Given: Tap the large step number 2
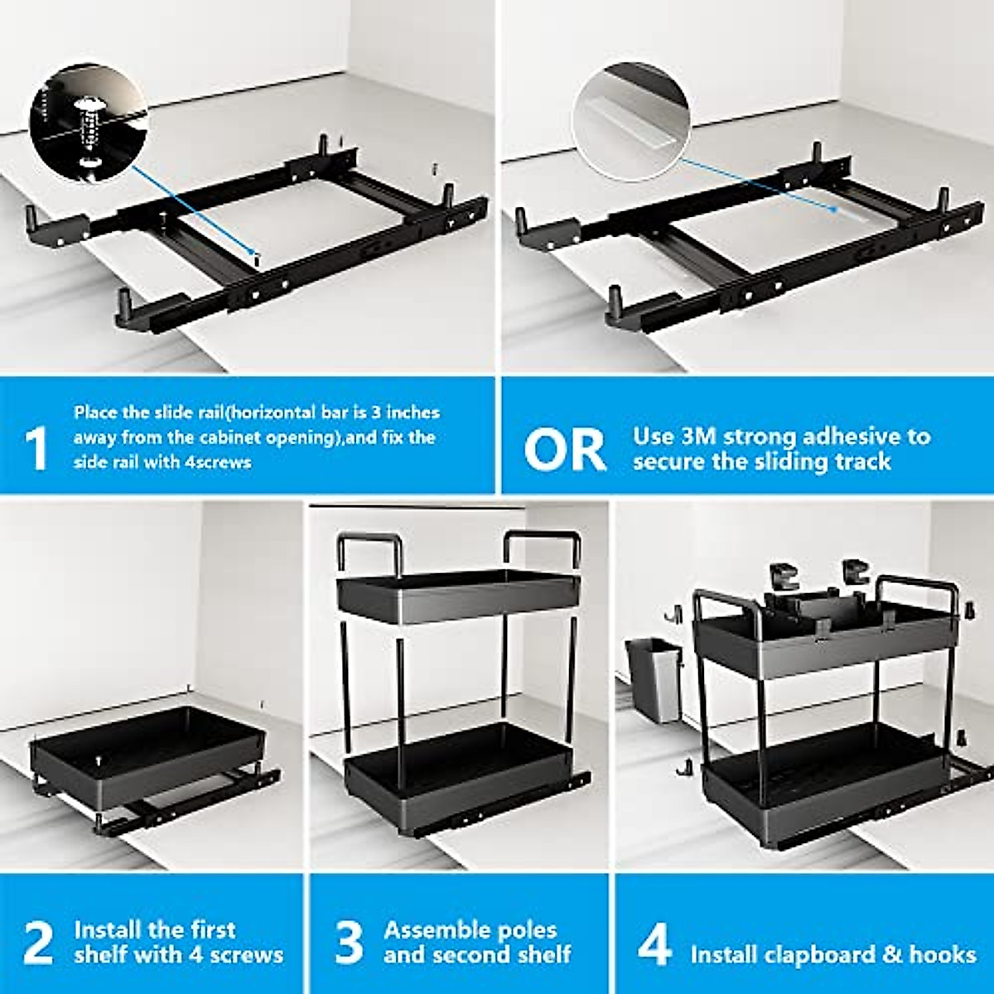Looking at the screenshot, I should (x=37, y=942).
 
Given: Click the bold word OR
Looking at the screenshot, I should (x=565, y=450).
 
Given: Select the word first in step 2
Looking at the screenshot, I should (x=214, y=930).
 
